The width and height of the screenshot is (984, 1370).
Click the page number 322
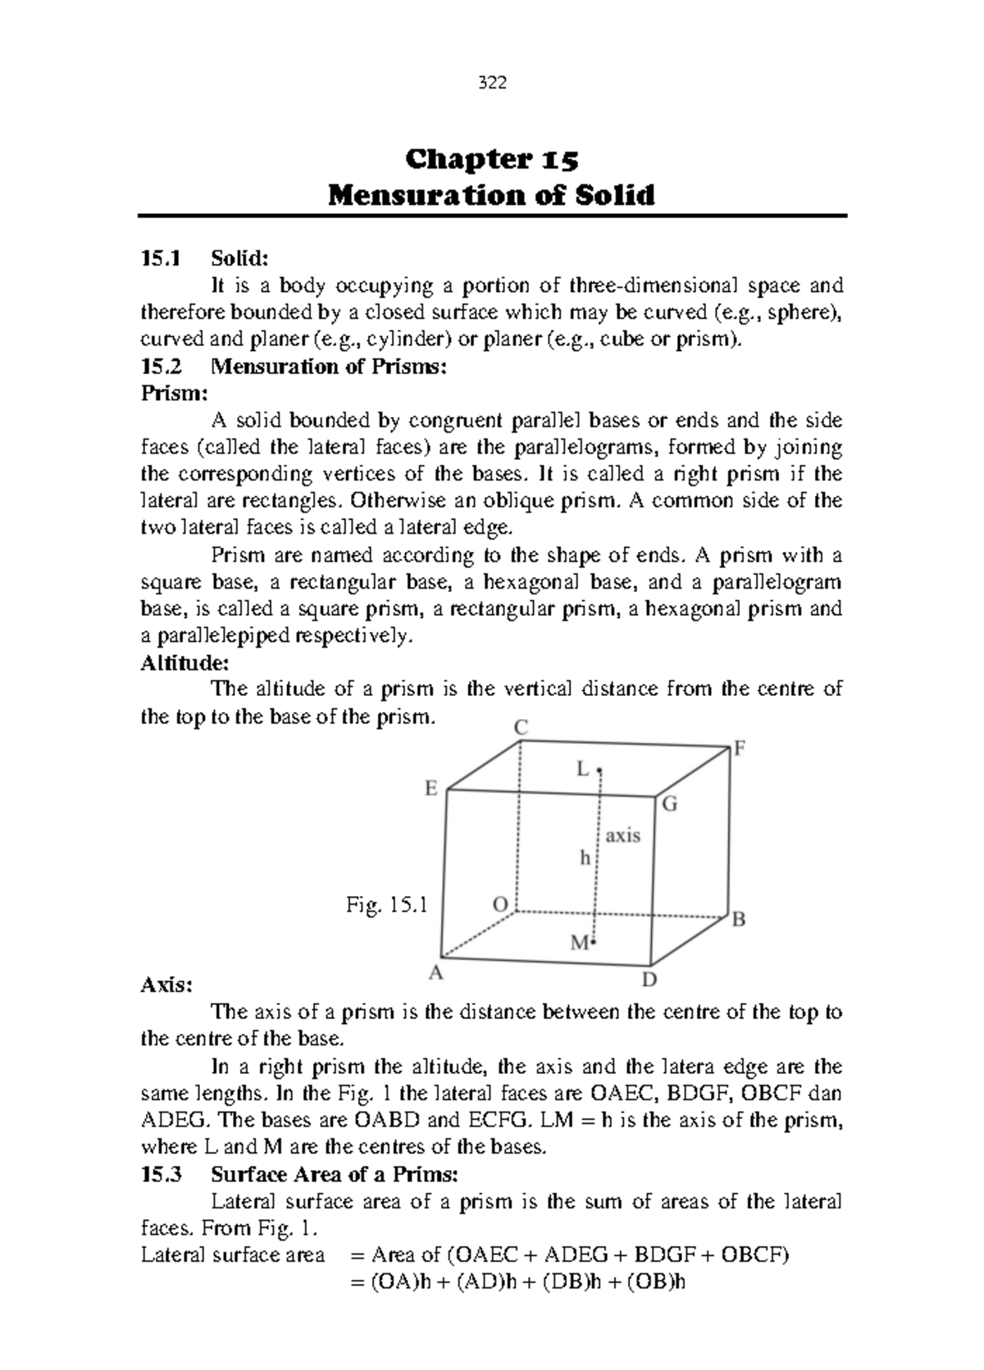point(492,84)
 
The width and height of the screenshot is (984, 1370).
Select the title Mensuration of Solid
point(492,196)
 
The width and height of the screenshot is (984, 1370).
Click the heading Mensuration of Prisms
point(329,366)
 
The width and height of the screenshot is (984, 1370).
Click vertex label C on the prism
point(520,727)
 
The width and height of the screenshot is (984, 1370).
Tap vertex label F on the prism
point(740,749)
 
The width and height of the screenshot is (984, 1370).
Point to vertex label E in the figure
point(430,789)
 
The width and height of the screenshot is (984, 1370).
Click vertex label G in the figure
point(670,804)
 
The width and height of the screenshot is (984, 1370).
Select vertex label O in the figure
point(499,904)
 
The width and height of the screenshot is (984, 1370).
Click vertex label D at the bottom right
point(649,981)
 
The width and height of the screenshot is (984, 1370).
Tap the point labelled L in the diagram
point(584,769)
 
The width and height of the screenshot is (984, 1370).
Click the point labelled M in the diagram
point(580,943)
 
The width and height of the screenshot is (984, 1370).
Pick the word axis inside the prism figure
point(623,835)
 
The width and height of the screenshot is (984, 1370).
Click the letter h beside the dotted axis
point(585,858)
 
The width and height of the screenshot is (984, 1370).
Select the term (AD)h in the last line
point(474,1282)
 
